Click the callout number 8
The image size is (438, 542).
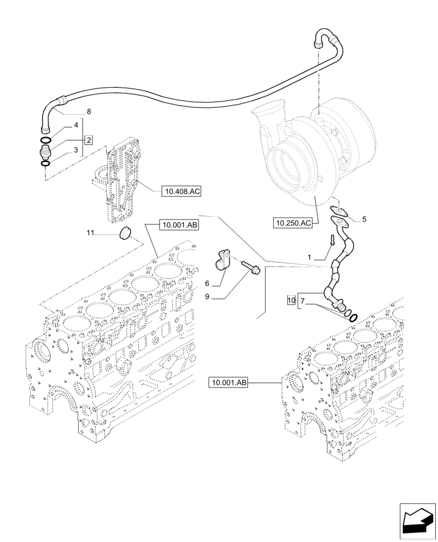(88, 112)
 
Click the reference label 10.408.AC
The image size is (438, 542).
(181, 191)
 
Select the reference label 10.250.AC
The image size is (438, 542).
(294, 223)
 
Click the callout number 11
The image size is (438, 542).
(91, 233)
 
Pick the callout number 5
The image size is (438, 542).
(364, 220)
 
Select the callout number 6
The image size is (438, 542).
(207, 283)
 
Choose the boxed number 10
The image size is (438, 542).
(291, 299)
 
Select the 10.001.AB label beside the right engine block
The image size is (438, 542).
(228, 383)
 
